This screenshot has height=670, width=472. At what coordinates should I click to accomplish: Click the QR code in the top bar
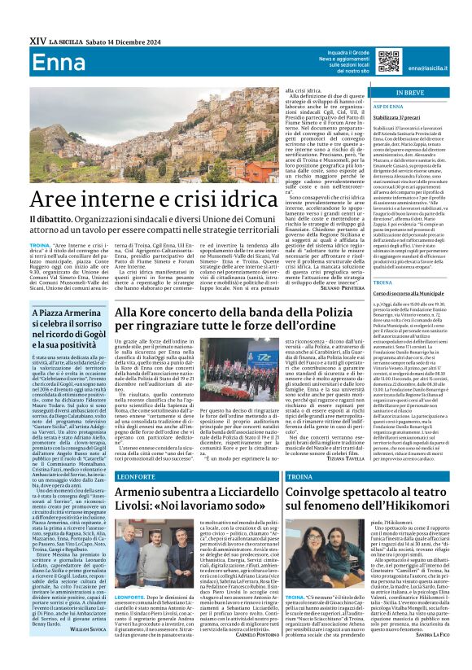(x=385, y=61)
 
